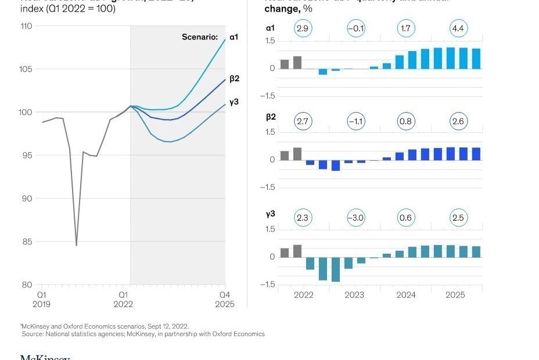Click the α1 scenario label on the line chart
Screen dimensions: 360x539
[x=233, y=37]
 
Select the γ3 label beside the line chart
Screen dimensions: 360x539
[x=234, y=102]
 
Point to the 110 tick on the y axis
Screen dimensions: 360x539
[x=26, y=26]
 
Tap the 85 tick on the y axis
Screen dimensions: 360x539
[x=27, y=242]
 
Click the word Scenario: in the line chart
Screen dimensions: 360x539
[x=200, y=38]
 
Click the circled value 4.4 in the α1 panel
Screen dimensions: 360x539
[x=458, y=28]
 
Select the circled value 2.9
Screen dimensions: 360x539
[x=303, y=28]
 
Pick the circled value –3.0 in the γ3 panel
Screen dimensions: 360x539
[x=355, y=218]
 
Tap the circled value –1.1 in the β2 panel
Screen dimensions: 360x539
[x=355, y=121]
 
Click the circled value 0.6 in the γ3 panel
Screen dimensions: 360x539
[x=406, y=218]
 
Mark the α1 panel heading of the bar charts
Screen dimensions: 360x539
[x=271, y=28]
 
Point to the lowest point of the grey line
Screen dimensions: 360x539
[x=76, y=245]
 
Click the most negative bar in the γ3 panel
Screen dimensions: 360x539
[x=335, y=269]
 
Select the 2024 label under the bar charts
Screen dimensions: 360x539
[x=406, y=295]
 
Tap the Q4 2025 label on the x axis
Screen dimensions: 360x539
[x=225, y=300]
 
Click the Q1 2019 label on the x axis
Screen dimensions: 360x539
[x=41, y=300]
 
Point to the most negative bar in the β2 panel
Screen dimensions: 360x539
[x=335, y=165]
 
